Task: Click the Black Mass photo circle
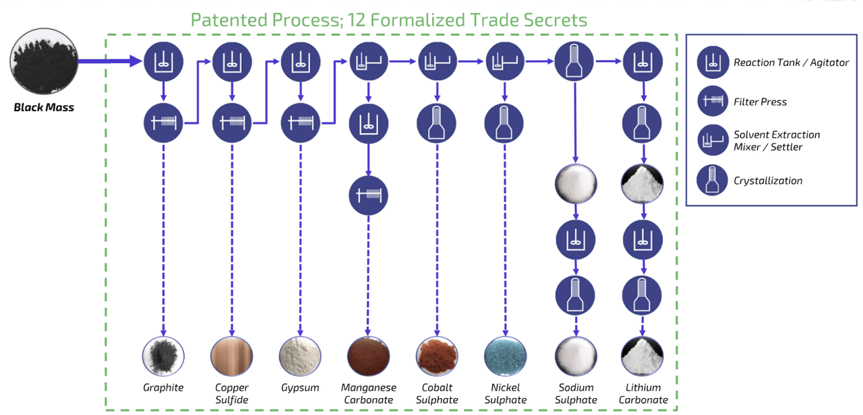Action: click(44, 62)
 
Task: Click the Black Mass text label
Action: click(44, 107)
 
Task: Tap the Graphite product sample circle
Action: click(163, 356)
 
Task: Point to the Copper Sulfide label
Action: click(231, 393)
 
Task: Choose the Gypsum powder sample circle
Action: click(300, 356)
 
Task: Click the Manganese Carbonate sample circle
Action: click(368, 356)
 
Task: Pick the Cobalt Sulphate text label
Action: click(437, 393)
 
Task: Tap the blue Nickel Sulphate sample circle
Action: click(505, 356)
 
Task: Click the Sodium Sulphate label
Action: click(576, 393)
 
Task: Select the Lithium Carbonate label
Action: click(643, 393)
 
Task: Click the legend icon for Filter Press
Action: click(712, 102)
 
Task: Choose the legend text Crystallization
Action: click(768, 181)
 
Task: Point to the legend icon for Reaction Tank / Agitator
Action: click(712, 63)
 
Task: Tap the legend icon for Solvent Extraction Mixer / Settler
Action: click(712, 141)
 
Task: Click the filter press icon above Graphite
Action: click(163, 123)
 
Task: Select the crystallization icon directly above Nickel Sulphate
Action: click(505, 123)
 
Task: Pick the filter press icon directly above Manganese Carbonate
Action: click(368, 195)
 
